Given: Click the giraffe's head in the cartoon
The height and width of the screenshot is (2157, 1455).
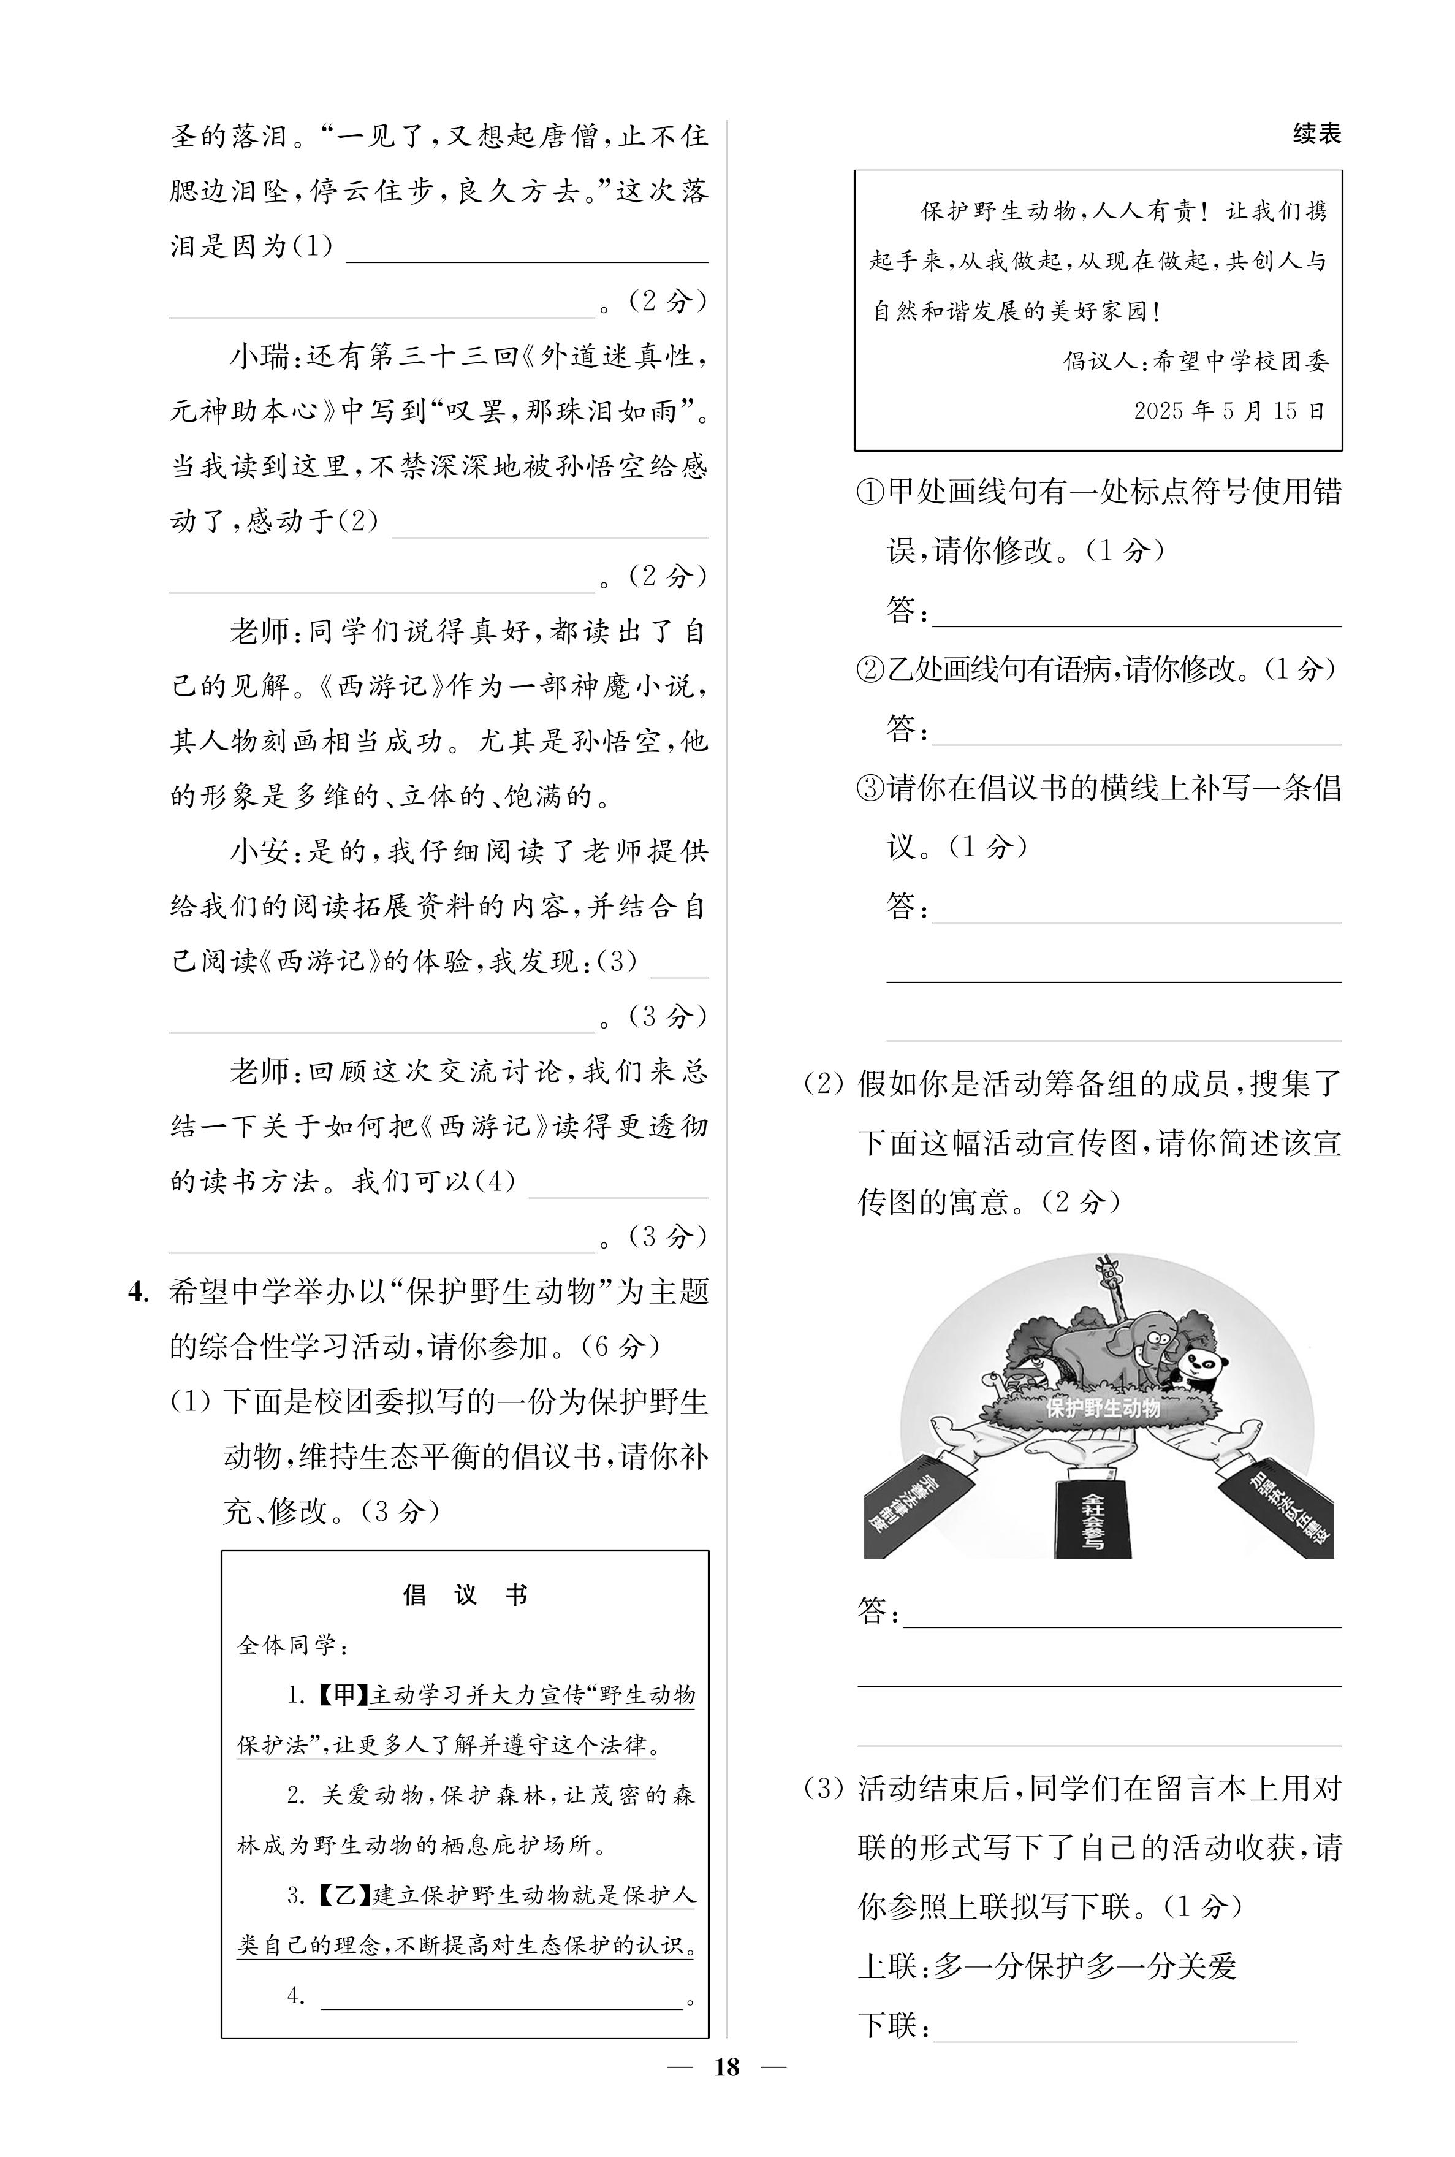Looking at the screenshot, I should (x=1105, y=1272).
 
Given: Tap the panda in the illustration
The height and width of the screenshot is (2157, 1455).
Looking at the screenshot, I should (x=1204, y=1366).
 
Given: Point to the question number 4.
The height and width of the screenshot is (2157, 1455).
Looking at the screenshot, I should (x=137, y=1292).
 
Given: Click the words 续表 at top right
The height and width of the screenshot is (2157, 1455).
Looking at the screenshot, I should (x=1316, y=134).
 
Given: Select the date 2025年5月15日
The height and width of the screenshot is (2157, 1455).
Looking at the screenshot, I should (x=1229, y=411).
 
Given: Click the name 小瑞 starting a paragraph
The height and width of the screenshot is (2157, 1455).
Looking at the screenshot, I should (x=259, y=356).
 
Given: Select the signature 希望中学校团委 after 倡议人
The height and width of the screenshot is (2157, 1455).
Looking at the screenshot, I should (x=1240, y=362).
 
